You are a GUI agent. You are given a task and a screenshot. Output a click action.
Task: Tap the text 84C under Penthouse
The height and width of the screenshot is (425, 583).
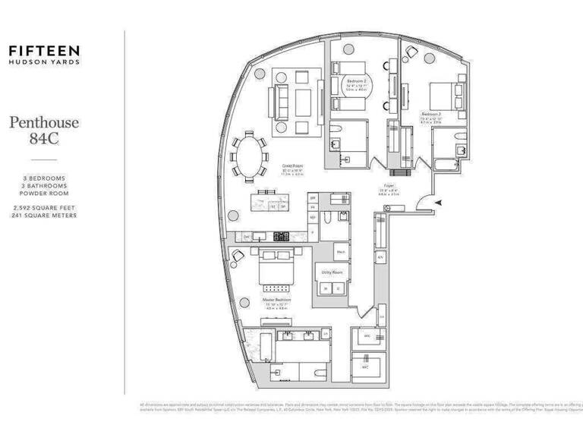click(x=44, y=139)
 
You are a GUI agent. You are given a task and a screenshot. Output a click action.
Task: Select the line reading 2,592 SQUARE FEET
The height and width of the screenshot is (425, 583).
click(x=44, y=206)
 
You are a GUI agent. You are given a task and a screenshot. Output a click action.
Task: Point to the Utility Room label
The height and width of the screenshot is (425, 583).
click(x=332, y=271)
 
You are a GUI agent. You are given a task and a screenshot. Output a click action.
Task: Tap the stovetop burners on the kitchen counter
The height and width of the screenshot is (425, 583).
click(x=282, y=236)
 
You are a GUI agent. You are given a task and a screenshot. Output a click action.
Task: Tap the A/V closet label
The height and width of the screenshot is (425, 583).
click(x=380, y=257)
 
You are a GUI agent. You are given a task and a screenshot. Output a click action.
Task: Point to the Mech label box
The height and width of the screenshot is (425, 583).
click(x=342, y=251)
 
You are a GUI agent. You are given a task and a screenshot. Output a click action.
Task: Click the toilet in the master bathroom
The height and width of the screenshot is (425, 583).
click(x=326, y=334)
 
